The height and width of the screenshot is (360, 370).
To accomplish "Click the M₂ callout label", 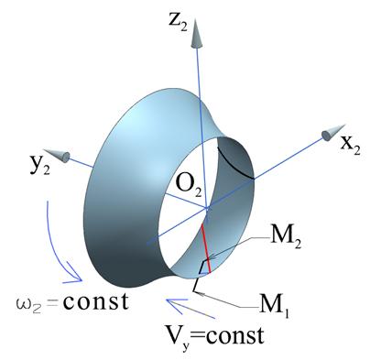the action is click(x=286, y=238).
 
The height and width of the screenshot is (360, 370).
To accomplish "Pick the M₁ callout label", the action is click(x=274, y=306).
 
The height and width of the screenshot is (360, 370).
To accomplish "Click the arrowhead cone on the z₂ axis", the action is click(x=196, y=33).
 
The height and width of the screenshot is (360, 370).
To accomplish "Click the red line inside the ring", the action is click(x=206, y=248).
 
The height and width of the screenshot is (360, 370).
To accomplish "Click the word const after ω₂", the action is click(x=95, y=301).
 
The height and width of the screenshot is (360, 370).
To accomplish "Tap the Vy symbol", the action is click(x=175, y=338).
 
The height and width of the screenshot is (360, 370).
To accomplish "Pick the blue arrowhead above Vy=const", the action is click(x=177, y=303).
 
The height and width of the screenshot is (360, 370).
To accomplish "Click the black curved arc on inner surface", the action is click(x=234, y=165).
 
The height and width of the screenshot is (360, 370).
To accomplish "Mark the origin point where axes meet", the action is click(x=207, y=208).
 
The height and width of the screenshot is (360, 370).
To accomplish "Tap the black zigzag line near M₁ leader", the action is click(x=199, y=277).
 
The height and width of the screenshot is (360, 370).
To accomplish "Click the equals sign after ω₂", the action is click(x=54, y=304).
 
